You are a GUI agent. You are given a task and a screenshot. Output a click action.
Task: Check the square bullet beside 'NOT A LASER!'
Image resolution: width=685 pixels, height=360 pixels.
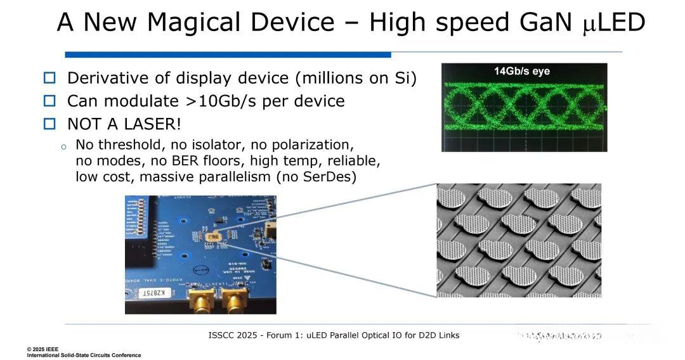click(x=49, y=124)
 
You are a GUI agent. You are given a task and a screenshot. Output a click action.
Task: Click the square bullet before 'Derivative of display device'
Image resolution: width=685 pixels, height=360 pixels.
click(x=49, y=78)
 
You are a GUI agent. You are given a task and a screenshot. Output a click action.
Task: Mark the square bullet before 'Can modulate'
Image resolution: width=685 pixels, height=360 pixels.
click(x=49, y=101)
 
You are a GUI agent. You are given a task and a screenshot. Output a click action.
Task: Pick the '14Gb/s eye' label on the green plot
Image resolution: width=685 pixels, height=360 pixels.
click(x=522, y=71)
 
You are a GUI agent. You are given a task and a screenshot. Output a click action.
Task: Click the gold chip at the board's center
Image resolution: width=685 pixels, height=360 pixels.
click(x=212, y=238)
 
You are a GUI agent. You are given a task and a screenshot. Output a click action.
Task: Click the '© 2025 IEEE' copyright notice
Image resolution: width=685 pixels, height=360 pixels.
click(x=48, y=349)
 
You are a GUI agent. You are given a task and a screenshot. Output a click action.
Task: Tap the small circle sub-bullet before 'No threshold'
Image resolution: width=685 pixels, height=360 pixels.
click(x=63, y=146)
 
